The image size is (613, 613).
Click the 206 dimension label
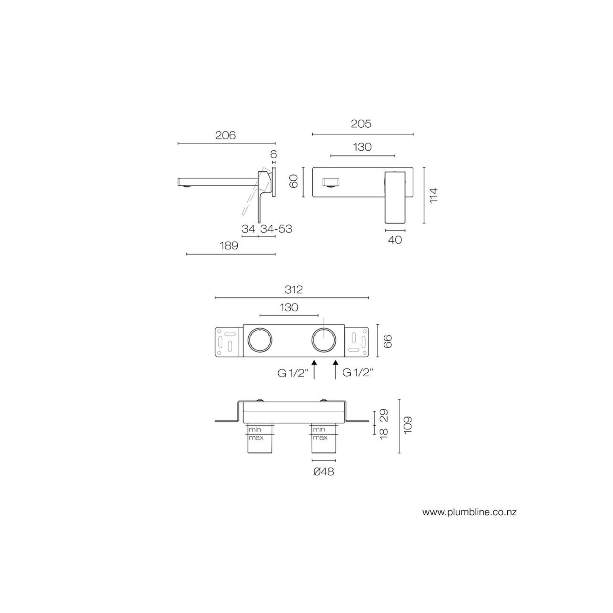225,135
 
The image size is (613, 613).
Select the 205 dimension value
361,124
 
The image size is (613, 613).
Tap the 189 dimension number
229,245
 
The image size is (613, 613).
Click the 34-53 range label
276,229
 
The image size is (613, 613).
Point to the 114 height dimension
433,195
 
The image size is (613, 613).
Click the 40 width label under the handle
395,240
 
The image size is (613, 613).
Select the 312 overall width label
294,290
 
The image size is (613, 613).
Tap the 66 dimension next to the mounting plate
388,341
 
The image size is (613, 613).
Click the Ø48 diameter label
324,472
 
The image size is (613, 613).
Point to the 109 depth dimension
408,425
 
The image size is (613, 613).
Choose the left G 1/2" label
293,373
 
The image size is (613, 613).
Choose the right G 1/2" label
358,373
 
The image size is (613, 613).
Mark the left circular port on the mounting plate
260,340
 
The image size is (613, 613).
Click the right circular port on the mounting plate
324,340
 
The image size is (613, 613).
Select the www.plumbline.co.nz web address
469,512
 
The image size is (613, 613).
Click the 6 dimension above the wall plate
274,154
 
